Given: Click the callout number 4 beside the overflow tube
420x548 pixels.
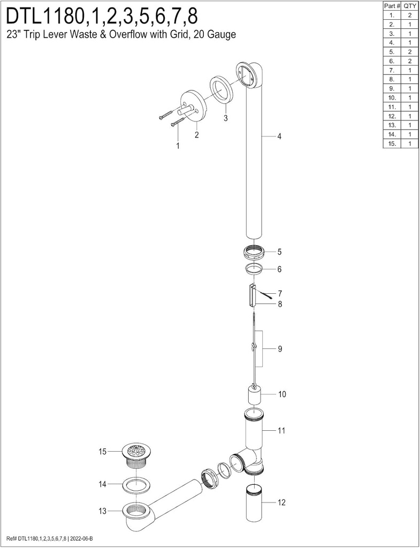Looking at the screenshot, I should click(279, 136).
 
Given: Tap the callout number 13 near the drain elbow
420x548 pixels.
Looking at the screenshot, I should click(103, 511).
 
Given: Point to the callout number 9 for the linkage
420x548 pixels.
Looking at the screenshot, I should click(280, 349).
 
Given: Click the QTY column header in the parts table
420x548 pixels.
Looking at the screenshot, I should click(409, 5).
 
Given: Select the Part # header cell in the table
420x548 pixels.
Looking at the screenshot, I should click(392, 5).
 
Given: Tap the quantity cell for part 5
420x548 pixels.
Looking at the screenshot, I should click(409, 51).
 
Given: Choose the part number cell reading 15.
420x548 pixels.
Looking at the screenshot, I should click(392, 143).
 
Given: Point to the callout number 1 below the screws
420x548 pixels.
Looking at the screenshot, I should click(178, 145).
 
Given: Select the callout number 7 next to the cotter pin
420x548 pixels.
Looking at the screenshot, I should click(279, 294).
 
